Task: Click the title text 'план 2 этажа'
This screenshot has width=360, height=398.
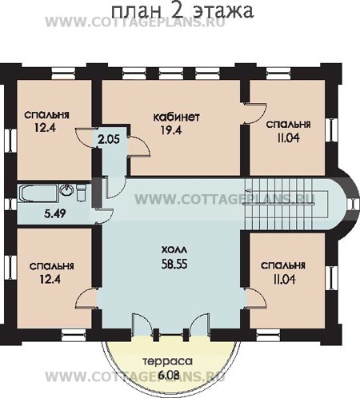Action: click(182, 11)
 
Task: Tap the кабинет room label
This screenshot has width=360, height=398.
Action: click(176, 117)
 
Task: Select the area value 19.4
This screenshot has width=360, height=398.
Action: click(171, 130)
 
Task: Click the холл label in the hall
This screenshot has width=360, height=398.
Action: click(174, 250)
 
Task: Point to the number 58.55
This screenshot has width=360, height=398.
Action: click(174, 264)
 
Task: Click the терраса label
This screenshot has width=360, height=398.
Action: click(167, 362)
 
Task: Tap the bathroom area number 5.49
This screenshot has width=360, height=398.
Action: click(55, 213)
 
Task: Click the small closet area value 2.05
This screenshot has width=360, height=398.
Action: click(109, 139)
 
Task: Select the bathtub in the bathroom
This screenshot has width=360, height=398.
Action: click(38, 194)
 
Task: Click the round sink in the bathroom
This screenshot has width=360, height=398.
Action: click(67, 189)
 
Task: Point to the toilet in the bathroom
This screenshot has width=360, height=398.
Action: click(82, 193)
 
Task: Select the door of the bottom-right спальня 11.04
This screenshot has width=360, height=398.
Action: click(256, 298)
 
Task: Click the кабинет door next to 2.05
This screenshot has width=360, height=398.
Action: click(138, 146)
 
